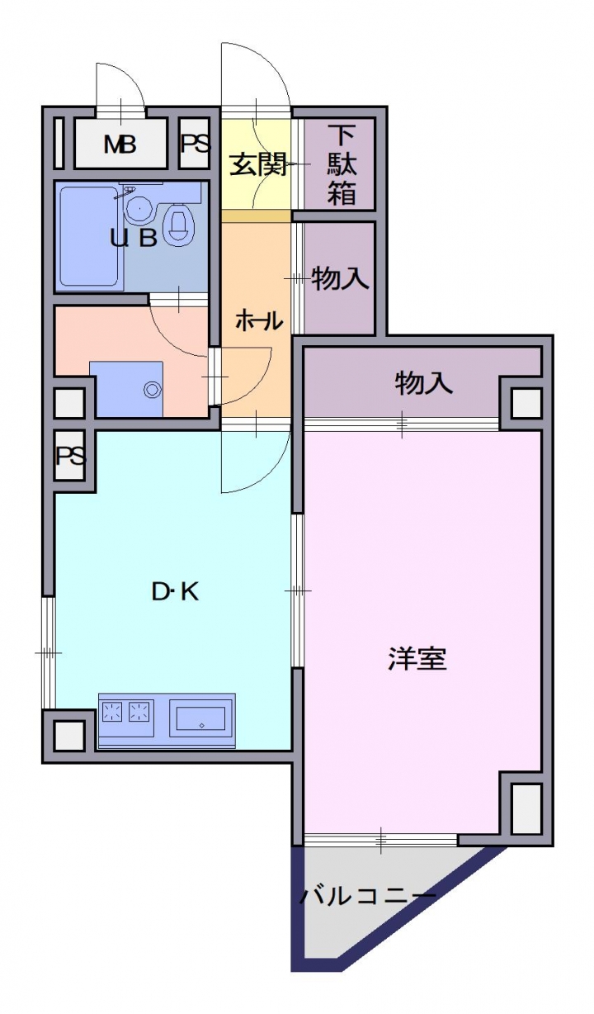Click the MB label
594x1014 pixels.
[x=120, y=145]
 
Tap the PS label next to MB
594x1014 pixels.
[x=196, y=144]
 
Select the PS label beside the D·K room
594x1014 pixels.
[x=70, y=456]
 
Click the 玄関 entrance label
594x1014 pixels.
[x=258, y=163]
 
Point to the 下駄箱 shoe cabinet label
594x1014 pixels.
[x=342, y=164]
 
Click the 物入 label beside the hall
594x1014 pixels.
[x=340, y=278]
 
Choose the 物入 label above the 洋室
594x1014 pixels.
[x=423, y=383]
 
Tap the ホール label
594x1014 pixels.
[x=259, y=321]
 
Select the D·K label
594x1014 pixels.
[x=175, y=591]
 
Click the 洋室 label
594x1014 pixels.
[x=417, y=659]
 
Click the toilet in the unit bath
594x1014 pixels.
[x=181, y=224]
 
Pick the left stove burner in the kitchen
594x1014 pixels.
[x=113, y=710]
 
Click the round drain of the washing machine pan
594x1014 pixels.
[x=153, y=388]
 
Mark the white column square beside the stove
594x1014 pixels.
[x=69, y=735]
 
